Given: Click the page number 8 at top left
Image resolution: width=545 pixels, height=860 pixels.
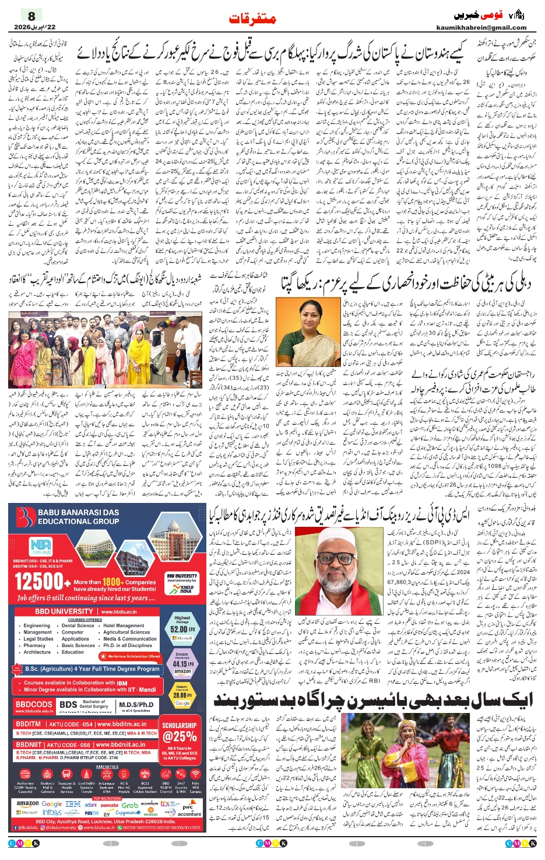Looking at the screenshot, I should (31, 16).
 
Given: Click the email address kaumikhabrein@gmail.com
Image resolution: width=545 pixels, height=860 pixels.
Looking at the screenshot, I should (481, 27).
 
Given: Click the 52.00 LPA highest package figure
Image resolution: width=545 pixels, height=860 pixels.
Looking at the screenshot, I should (182, 630).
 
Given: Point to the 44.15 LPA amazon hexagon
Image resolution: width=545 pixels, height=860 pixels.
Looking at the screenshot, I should (182, 664).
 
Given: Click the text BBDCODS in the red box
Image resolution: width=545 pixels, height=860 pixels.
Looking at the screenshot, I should (34, 704).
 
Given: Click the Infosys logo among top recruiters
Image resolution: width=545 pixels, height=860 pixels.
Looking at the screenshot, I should (52, 812).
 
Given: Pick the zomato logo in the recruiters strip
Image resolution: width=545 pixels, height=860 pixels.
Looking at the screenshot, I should (109, 805).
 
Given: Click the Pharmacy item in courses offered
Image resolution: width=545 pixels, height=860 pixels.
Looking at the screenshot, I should (34, 645).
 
